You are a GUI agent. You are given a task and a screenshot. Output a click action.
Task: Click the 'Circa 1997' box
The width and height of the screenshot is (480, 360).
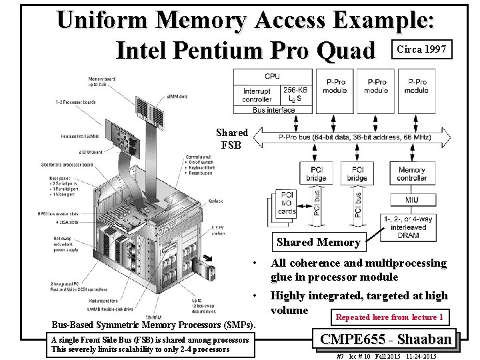pyautogui.click(x=424, y=49)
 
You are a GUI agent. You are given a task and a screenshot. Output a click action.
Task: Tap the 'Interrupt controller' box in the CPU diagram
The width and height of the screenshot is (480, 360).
pyautogui.click(x=257, y=95)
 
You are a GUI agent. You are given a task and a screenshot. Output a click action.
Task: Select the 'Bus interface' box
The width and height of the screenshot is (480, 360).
pyautogui.click(x=273, y=110)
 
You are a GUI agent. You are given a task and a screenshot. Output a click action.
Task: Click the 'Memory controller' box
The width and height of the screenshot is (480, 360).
pyautogui.click(x=411, y=174)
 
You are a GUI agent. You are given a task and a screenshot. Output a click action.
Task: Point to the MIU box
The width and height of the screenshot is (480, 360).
pyautogui.click(x=411, y=199)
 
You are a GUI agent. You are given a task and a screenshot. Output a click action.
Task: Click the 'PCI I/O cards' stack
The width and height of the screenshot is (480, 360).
pyautogui.click(x=287, y=203)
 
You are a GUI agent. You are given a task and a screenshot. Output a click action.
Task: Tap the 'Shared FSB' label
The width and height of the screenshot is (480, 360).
pyautogui.click(x=233, y=139)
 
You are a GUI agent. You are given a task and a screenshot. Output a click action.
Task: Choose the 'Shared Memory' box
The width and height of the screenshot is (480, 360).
pyautogui.click(x=318, y=243)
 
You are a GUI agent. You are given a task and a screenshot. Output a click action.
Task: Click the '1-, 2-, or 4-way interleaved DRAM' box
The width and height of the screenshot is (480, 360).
pyautogui.click(x=406, y=227)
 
